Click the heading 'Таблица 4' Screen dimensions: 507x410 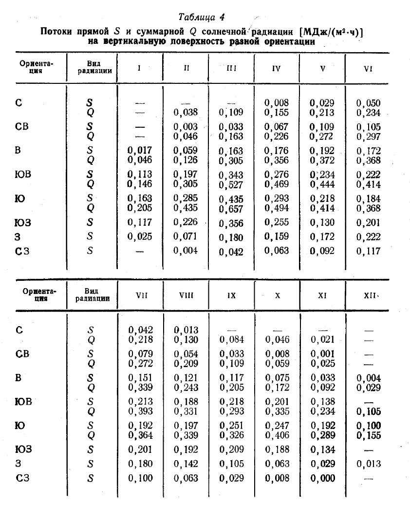tap(202, 18)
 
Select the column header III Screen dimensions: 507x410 tap(231, 68)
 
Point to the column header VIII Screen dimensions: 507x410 tap(186, 295)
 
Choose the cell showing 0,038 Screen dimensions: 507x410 tap(186, 113)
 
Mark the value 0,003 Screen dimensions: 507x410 tap(186, 127)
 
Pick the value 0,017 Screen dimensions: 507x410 tap(140, 151)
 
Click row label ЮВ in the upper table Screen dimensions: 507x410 tap(22, 175)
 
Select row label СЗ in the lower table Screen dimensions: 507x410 tap(22, 478)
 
